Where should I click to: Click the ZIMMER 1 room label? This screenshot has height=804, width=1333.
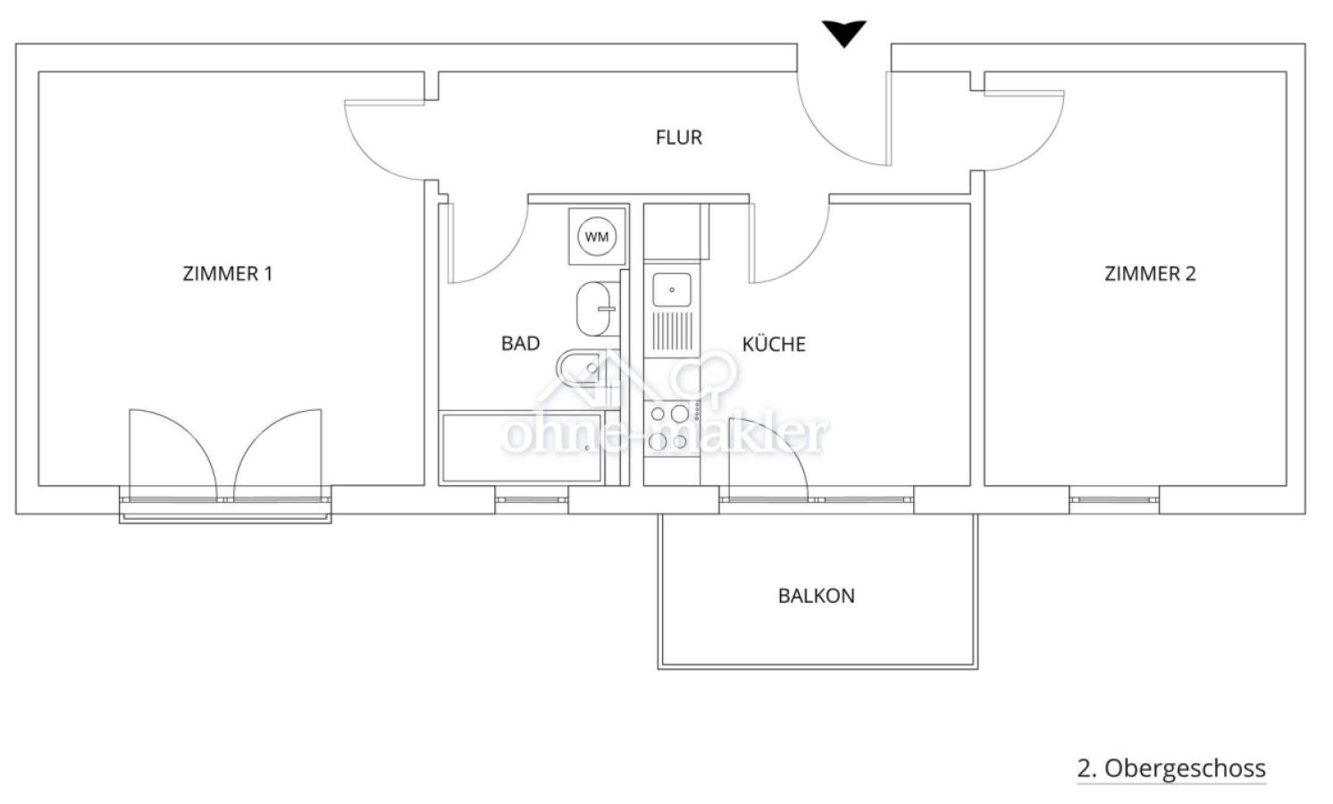pos(227,273)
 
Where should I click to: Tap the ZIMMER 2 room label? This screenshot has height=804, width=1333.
pos(1150,273)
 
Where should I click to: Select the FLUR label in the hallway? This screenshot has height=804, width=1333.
pos(679,138)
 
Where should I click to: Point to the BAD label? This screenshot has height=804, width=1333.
pos(520,343)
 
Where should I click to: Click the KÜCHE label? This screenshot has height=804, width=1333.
pos(774,344)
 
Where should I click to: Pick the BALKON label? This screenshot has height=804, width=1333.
pos(816,596)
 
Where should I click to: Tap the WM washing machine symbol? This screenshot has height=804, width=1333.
pos(597,237)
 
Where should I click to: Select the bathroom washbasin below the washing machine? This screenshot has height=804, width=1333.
pos(594,309)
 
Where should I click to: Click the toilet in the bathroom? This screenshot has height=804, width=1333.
pos(581,366)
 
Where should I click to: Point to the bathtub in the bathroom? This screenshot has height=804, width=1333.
pos(521,448)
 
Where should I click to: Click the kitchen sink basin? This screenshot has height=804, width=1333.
pos(672,289)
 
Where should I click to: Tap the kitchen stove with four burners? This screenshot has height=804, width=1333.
pos(669,427)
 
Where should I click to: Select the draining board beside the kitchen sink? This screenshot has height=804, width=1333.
pos(672,330)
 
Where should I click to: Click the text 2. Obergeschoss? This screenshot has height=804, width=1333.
pos(1171,768)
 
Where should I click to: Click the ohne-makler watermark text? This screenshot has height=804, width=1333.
pos(665,434)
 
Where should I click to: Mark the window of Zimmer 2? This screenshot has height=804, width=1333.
pos(1114,498)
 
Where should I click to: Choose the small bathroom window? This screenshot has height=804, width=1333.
pos(532,498)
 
